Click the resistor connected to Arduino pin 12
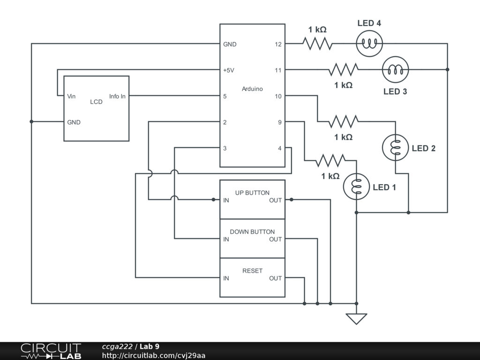click(x=317, y=44)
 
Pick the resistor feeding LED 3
click(x=343, y=69)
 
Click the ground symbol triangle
click(x=356, y=319)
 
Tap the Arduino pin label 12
click(x=278, y=45)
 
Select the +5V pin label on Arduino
click(x=229, y=70)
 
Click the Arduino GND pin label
click(x=230, y=45)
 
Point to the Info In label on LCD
click(x=117, y=97)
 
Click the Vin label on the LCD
click(x=71, y=97)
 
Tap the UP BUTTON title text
click(x=252, y=193)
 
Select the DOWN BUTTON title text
click(x=252, y=232)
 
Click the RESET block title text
click(x=252, y=270)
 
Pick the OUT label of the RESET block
click(x=275, y=278)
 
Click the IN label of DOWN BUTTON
click(x=226, y=240)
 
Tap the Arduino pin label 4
click(x=279, y=149)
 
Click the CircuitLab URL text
click(x=154, y=355)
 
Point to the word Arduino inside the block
click(x=252, y=89)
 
